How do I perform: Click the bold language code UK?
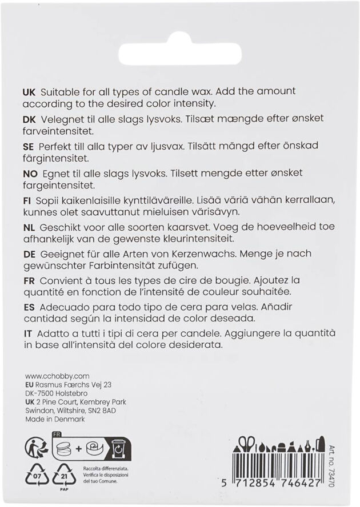[x=28, y=92]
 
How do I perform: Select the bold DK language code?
[x=28, y=119]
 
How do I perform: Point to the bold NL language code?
[x=28, y=227]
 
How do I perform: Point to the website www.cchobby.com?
[x=58, y=376]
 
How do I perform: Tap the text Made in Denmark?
[x=55, y=419]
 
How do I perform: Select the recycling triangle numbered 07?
[x=35, y=474]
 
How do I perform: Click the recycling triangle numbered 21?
[x=63, y=474]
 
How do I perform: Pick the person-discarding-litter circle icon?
[x=35, y=448]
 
